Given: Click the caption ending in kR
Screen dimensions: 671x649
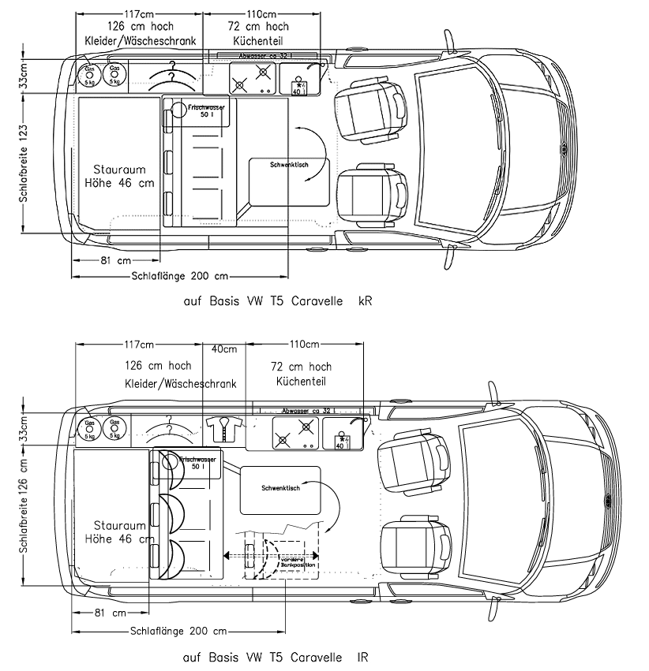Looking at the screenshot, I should coord(276,301).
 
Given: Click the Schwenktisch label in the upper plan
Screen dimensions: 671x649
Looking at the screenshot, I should coord(288,165).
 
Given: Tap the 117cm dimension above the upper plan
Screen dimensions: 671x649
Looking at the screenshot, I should coord(139,14).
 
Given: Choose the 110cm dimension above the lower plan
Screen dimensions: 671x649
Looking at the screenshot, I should coord(303,345).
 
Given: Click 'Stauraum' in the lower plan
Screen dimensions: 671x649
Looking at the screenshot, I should coord(119,525).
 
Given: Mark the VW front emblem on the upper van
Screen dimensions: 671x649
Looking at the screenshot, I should coord(564,147).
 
